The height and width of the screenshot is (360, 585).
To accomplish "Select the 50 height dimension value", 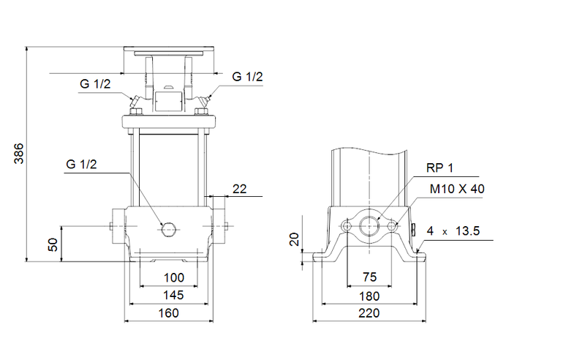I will pos(53,244).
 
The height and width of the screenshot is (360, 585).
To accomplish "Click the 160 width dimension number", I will pos(170,312).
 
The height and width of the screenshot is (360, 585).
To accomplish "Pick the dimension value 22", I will pos(239,189).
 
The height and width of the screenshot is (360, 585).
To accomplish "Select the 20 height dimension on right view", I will pos(294,239).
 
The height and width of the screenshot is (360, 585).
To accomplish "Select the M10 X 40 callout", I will pos(456,189).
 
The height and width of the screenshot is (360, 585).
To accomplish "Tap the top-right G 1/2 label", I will pos(248,76).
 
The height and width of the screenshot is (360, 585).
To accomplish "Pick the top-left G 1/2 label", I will pos(95,84).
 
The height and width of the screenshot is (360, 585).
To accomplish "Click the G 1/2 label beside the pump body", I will pos(80,164).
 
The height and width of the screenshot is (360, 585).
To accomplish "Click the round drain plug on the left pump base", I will pos(169,229).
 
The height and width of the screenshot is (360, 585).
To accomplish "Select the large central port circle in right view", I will pos(370,226).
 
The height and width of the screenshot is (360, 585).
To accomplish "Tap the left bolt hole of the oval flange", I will pos(346,227).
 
